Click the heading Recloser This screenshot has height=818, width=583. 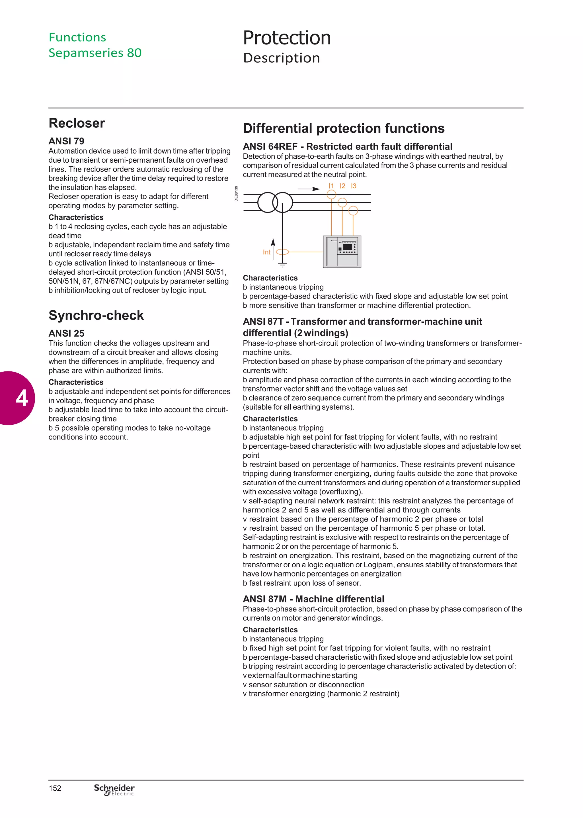click(x=77, y=123)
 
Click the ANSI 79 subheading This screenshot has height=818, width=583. click(x=66, y=141)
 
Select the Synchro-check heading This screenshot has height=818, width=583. click(x=96, y=315)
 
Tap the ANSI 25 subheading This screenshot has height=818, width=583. click(x=66, y=333)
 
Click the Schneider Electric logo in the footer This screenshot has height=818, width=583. click(x=114, y=789)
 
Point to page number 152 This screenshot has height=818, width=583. click(x=55, y=788)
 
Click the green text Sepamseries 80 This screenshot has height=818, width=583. click(x=95, y=53)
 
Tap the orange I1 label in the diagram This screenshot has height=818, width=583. click(x=331, y=186)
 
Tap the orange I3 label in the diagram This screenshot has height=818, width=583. click(x=354, y=186)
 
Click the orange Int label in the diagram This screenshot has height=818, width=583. click(x=266, y=252)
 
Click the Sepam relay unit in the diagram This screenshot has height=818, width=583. click(x=342, y=252)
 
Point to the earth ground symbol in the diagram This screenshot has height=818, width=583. click(x=282, y=265)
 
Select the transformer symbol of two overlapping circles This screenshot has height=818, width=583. click(x=275, y=203)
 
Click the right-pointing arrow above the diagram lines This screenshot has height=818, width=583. click(x=309, y=189)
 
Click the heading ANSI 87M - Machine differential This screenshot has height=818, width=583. click(x=313, y=599)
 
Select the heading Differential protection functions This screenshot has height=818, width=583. click(x=344, y=128)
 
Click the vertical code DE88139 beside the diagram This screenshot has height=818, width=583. click(x=236, y=194)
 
